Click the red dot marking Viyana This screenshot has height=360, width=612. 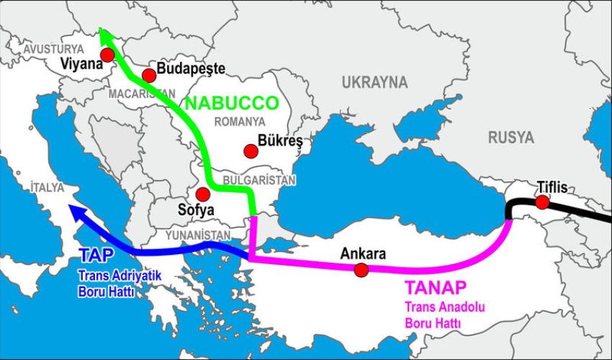[107, 55]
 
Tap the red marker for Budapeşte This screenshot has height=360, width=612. [149, 76]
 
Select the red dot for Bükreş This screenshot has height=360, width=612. [250, 150]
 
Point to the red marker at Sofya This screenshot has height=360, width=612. [203, 194]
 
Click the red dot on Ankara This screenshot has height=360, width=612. [361, 269]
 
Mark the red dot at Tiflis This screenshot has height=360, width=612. [541, 202]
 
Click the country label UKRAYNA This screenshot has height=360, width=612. [374, 81]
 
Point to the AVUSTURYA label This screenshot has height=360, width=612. [53, 48]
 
